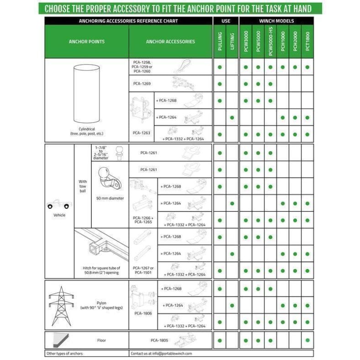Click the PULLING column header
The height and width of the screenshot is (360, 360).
click(220, 42)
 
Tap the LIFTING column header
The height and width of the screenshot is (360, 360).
click(232, 42)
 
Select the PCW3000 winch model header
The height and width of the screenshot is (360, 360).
click(246, 42)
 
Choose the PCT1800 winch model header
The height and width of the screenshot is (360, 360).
click(307, 42)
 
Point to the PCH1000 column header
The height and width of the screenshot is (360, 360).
click(283, 42)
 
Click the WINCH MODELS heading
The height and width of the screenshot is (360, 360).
click(276, 21)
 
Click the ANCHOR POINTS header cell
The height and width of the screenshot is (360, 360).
click(86, 42)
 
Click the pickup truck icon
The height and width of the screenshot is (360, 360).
click(59, 205)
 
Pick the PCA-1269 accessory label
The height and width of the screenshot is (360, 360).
click(142, 84)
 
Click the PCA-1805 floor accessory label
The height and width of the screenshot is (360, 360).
click(159, 340)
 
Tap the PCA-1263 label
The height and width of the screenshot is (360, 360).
click(139, 133)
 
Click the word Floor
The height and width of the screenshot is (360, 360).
click(101, 340)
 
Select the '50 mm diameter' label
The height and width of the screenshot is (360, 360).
click(110, 198)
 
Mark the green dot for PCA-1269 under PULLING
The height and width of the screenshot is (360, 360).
click(220, 84)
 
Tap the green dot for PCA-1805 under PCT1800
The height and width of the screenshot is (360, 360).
click(307, 340)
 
